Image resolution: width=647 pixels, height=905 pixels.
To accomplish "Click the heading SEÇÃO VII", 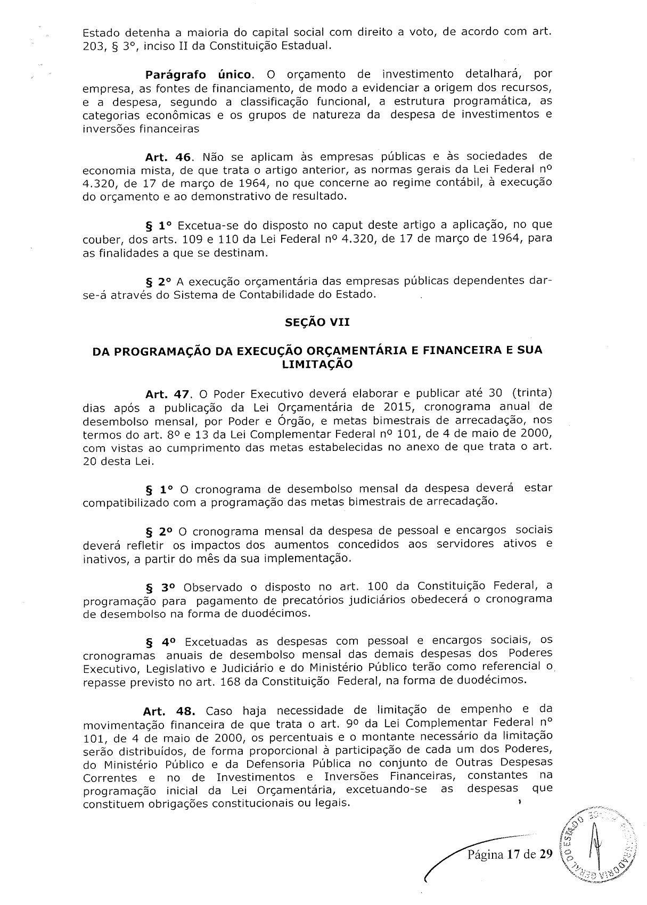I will pyautogui.click(x=317, y=323).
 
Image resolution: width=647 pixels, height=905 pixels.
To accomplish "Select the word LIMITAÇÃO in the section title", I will pyautogui.click(x=317, y=365).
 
